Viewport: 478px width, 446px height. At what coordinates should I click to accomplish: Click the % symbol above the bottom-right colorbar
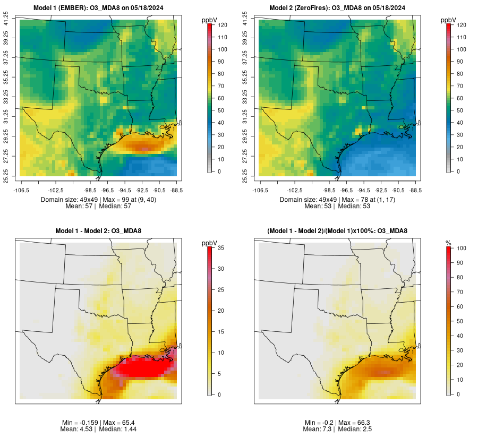click(x=449, y=243)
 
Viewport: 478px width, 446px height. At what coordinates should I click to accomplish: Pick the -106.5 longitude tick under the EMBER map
click(x=20, y=190)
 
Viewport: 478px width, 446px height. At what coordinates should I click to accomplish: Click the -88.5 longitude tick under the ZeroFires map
click(x=416, y=190)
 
